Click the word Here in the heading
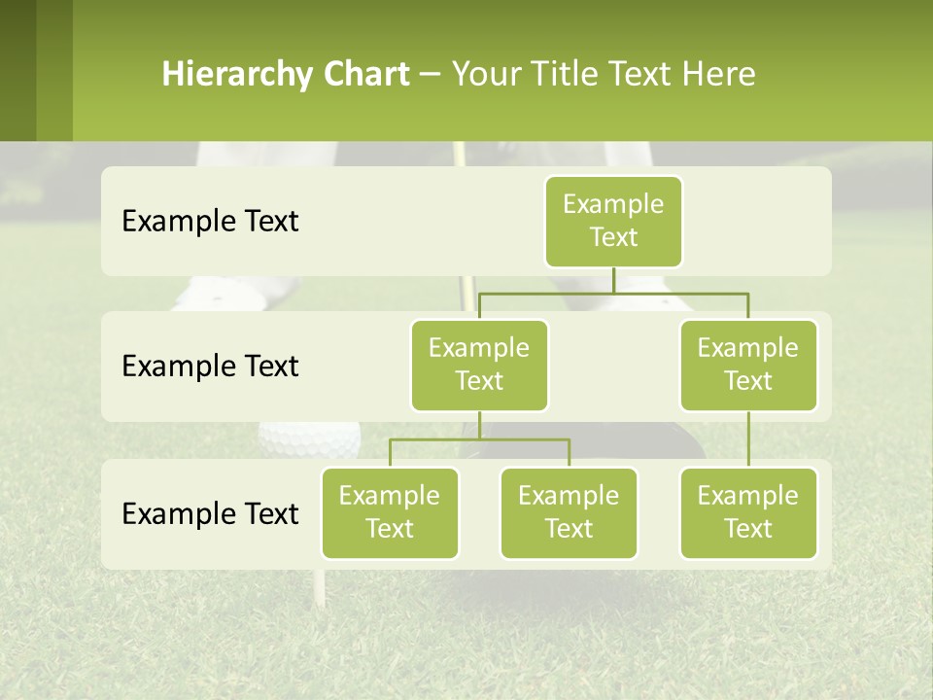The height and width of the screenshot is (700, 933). coord(719,74)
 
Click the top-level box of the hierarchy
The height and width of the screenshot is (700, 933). coord(613,221)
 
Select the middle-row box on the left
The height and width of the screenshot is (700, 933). coord(479,365)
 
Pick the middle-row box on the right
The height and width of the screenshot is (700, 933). coord(748,365)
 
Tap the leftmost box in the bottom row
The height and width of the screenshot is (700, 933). coord(390,512)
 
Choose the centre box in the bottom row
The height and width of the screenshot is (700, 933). coord(569,512)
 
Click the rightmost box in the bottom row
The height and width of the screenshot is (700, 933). coord(748,512)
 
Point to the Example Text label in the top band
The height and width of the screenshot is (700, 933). coord(210,222)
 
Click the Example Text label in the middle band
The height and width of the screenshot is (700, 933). coord(210,367)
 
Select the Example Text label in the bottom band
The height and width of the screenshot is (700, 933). coord(210,513)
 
